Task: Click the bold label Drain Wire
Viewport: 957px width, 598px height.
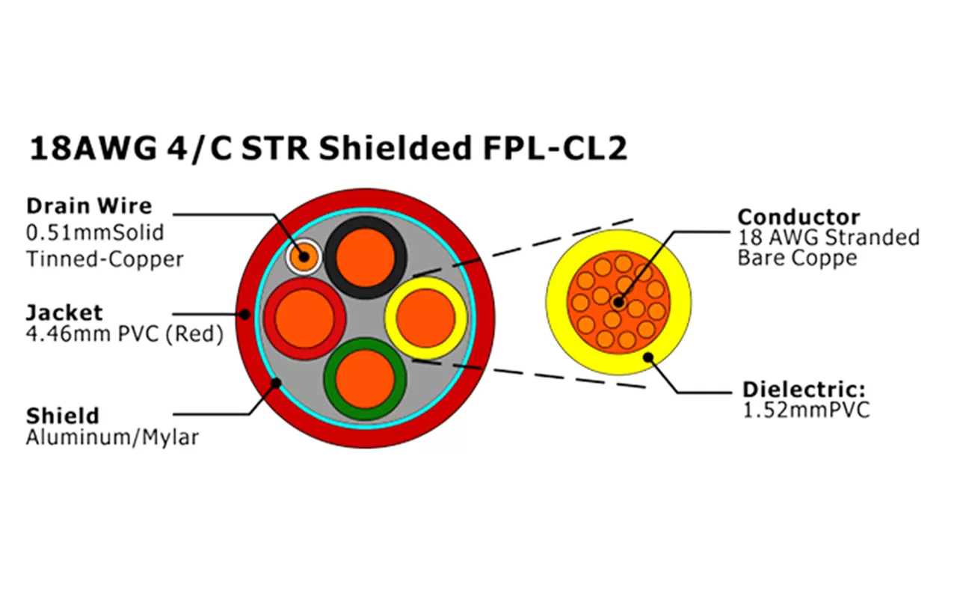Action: [89, 206]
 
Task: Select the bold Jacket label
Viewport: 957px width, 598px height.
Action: [64, 312]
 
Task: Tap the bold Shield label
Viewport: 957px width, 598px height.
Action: [62, 415]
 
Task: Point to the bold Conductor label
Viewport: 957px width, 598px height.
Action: [798, 218]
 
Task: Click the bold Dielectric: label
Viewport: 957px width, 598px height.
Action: [803, 390]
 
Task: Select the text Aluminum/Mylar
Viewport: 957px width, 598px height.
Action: [112, 437]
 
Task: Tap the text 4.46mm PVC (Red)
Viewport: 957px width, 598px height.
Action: [124, 334]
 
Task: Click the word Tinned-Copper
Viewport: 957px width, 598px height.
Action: [105, 259]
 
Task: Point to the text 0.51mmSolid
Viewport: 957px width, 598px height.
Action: [95, 232]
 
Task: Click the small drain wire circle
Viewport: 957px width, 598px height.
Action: [304, 258]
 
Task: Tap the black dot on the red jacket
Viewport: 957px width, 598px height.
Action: [245, 315]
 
